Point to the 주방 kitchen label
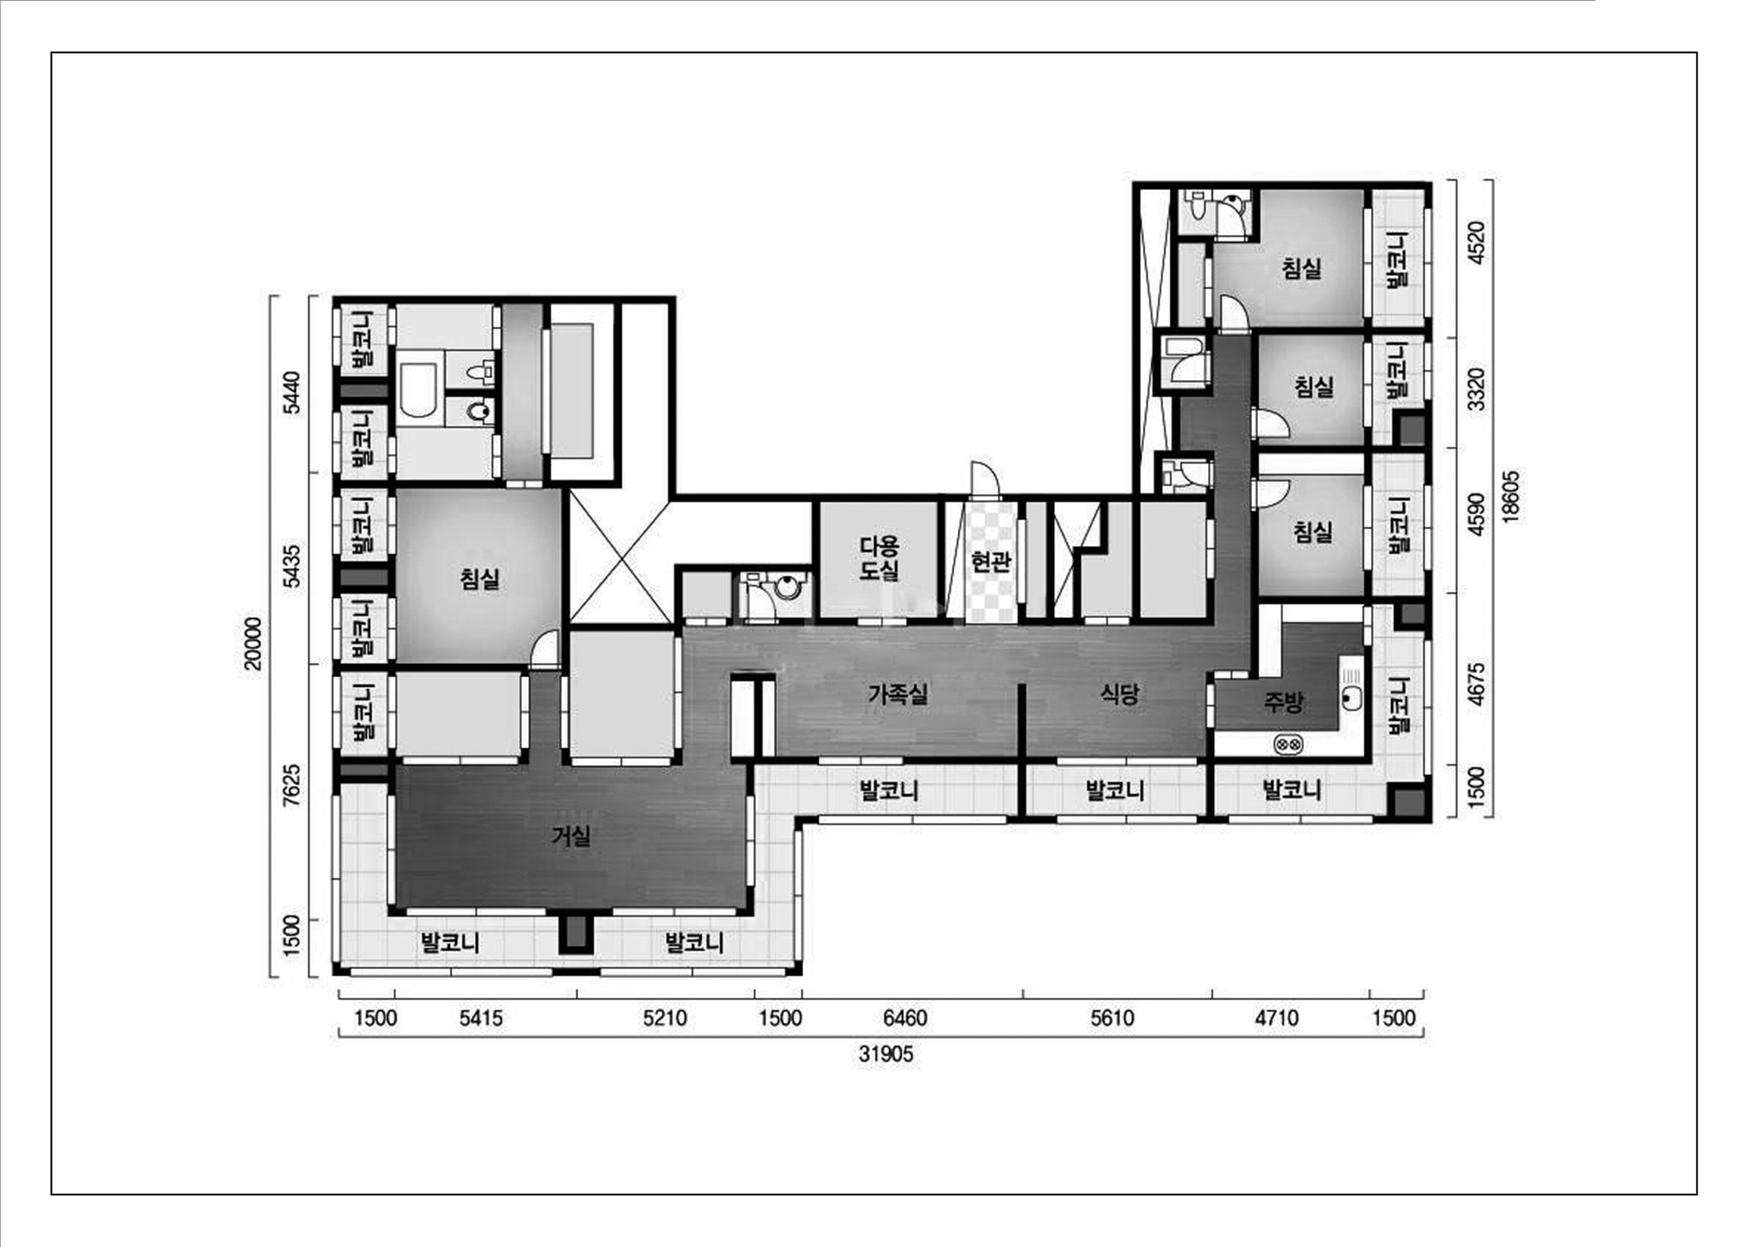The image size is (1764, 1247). click(1283, 701)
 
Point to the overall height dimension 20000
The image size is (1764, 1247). click(253, 644)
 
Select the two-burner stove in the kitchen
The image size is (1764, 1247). click(1288, 744)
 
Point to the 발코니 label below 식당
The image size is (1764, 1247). click(1115, 790)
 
